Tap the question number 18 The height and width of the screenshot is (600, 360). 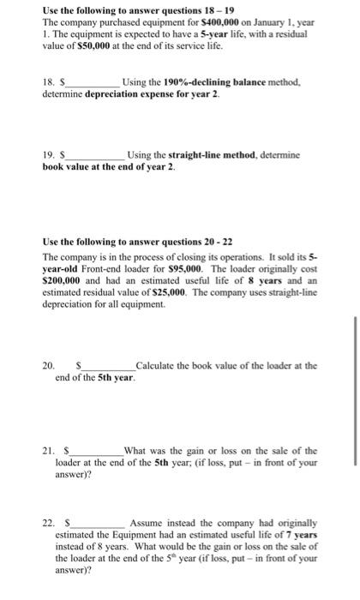pyautogui.click(x=48, y=82)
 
